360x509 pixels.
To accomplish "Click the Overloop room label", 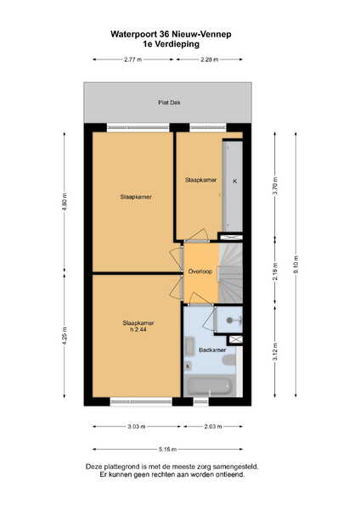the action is [x=200, y=271].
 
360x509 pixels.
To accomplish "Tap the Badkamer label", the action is [x=212, y=350].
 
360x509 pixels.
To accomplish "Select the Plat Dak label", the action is [x=169, y=103].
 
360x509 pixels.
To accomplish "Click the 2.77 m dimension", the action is [x=133, y=59].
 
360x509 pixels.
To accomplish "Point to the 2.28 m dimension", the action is [x=210, y=59].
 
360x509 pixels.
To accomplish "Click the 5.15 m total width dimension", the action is [x=167, y=450].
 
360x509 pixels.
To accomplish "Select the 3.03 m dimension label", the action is [x=137, y=426].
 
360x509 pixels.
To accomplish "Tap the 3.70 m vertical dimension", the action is [x=275, y=186].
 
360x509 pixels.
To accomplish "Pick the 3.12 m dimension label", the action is [x=275, y=351].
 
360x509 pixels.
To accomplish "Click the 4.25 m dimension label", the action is [x=65, y=336].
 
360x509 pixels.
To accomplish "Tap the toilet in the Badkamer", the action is [x=229, y=361].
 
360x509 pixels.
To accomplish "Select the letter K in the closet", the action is [x=235, y=182].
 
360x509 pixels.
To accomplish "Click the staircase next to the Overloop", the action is [x=230, y=273].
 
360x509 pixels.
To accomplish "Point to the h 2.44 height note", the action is [x=138, y=329].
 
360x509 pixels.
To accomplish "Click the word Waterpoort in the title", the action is [x=134, y=35].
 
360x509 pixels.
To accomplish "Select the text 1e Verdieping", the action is [x=171, y=44].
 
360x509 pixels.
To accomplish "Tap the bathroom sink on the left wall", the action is [x=189, y=347].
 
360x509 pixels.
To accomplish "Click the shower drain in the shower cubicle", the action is [x=230, y=321].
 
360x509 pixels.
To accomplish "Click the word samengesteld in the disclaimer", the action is [x=235, y=467].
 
